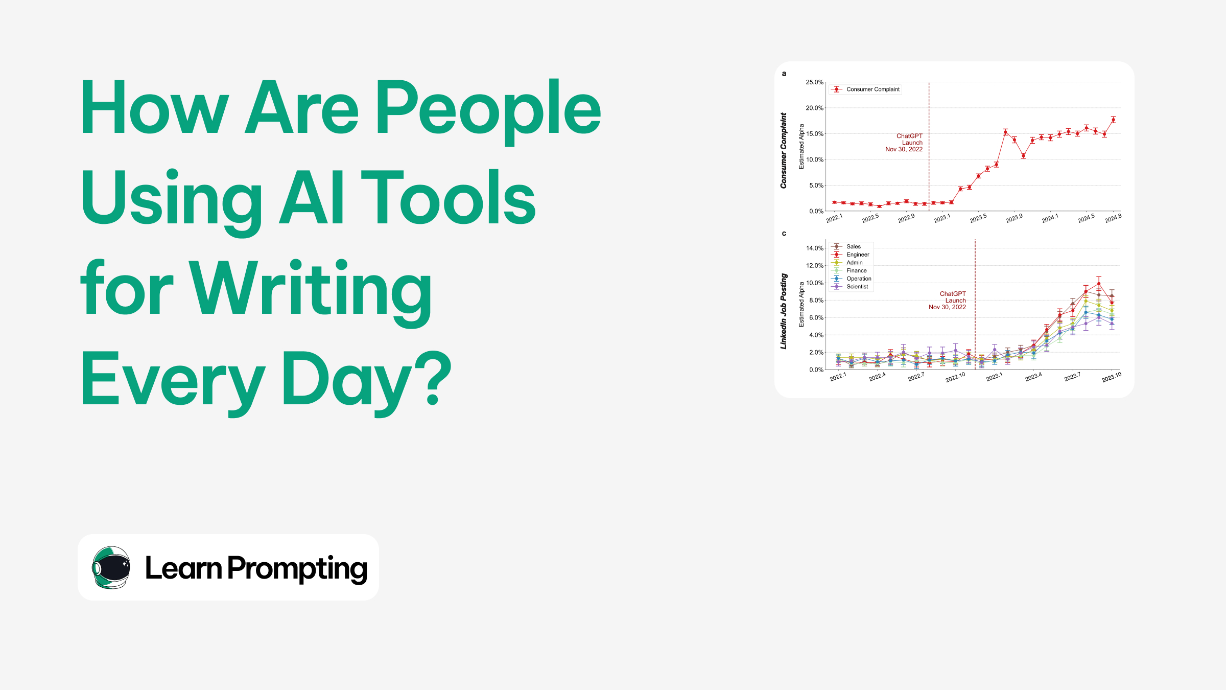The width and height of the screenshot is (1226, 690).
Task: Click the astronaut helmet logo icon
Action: pyautogui.click(x=111, y=567)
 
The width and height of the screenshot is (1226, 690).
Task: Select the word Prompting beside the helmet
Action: pyautogui.click(x=297, y=568)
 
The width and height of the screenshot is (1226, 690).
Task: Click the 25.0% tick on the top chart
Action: pyautogui.click(x=814, y=82)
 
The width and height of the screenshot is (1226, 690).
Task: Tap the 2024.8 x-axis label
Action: pyautogui.click(x=1113, y=218)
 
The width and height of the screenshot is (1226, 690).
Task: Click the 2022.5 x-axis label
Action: pyautogui.click(x=870, y=218)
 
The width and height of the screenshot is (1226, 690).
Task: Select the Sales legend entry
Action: pyautogui.click(x=853, y=247)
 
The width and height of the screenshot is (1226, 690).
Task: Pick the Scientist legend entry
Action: pyautogui.click(x=857, y=287)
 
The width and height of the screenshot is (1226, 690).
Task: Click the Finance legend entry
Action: pyautogui.click(x=856, y=271)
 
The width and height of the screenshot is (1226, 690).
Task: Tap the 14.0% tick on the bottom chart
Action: pyautogui.click(x=815, y=248)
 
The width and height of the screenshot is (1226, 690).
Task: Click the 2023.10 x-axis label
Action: pyautogui.click(x=1111, y=378)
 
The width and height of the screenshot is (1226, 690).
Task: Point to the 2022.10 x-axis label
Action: pyautogui.click(x=955, y=378)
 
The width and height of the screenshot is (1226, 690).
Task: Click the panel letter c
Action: pyautogui.click(x=784, y=234)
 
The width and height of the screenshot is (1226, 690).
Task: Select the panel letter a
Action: pyautogui.click(x=784, y=74)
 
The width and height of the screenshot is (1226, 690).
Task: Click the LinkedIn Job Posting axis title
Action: pyautogui.click(x=784, y=311)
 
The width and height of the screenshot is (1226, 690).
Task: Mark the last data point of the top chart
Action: pyautogui.click(x=1113, y=120)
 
